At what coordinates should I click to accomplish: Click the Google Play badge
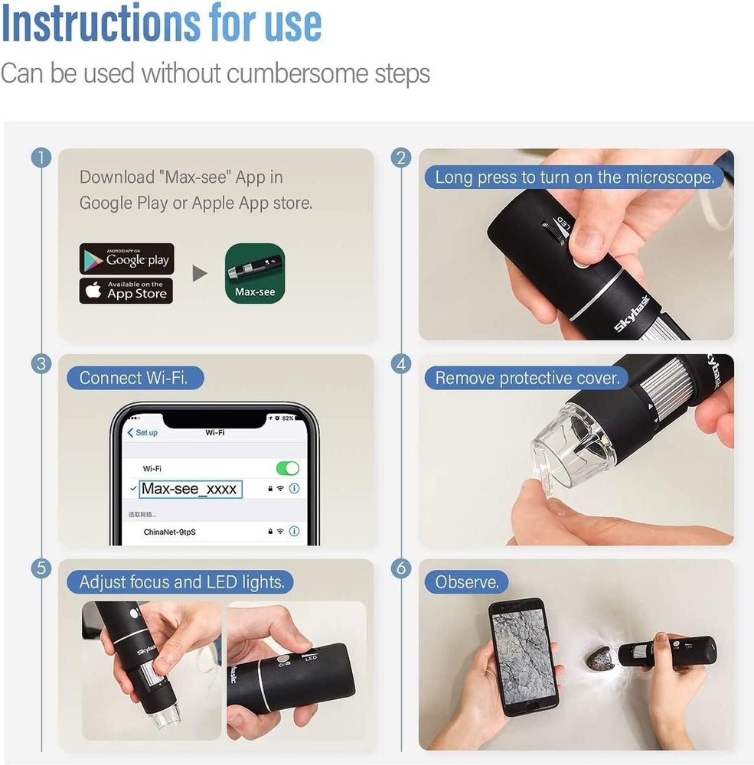pos(126,259)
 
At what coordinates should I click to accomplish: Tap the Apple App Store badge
pos(126,291)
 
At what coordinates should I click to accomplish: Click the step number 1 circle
pos(41,158)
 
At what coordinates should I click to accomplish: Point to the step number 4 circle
pos(400,364)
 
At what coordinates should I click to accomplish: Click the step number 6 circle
pos(400,568)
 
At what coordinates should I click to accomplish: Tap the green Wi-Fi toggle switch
pos(287,468)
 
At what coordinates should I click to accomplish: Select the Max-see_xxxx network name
pos(190,489)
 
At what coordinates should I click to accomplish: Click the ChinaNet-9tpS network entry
pos(169,531)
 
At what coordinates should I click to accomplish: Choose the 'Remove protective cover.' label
pos(527,378)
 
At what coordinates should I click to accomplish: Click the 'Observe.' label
pos(466,582)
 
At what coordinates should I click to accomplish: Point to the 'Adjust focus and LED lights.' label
pos(181,582)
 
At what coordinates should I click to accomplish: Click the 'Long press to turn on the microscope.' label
pos(574,177)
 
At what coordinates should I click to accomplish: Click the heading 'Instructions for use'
pos(162,24)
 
